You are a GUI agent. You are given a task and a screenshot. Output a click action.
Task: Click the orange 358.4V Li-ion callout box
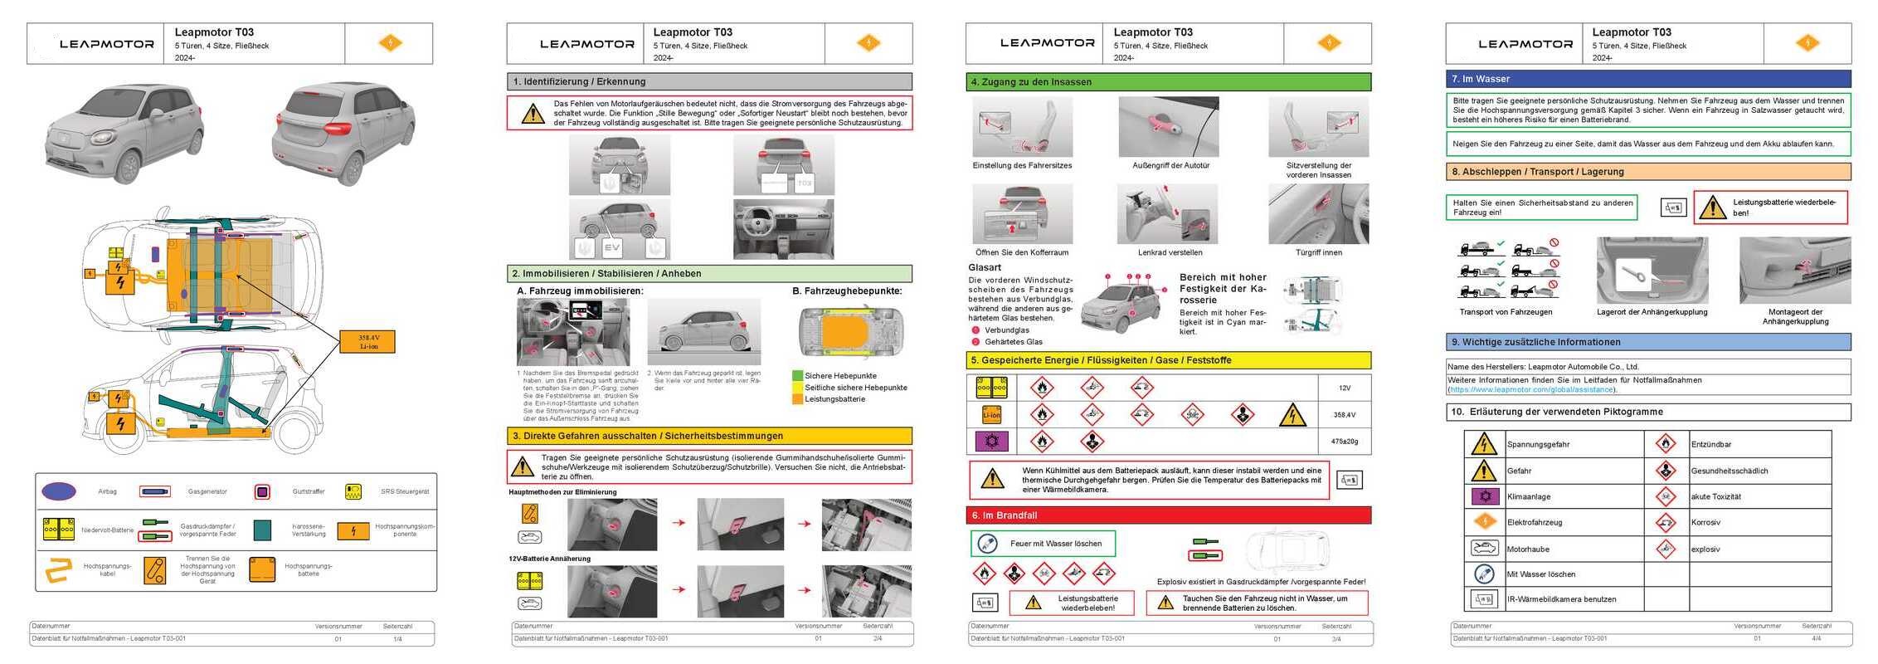[367, 341]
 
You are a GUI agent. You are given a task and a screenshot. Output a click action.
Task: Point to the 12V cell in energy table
[1344, 388]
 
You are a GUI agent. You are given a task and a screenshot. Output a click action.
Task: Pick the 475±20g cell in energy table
[1344, 442]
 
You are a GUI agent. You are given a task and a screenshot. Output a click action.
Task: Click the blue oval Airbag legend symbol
[59, 491]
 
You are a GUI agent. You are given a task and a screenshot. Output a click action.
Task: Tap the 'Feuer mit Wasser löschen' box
[1044, 544]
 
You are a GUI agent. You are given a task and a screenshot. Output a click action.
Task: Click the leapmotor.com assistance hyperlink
[1531, 389]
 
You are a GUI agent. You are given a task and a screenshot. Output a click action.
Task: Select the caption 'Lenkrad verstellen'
[1170, 252]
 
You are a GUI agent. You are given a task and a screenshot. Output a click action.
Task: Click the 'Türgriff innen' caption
[1318, 252]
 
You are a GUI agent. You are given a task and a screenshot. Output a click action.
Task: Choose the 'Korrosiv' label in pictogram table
[1705, 523]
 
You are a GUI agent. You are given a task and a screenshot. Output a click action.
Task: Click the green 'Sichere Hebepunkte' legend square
[797, 376]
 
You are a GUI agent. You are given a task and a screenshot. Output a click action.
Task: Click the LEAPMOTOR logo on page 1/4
[106, 44]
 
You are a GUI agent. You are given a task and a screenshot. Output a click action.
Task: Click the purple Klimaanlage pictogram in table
[1483, 496]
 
